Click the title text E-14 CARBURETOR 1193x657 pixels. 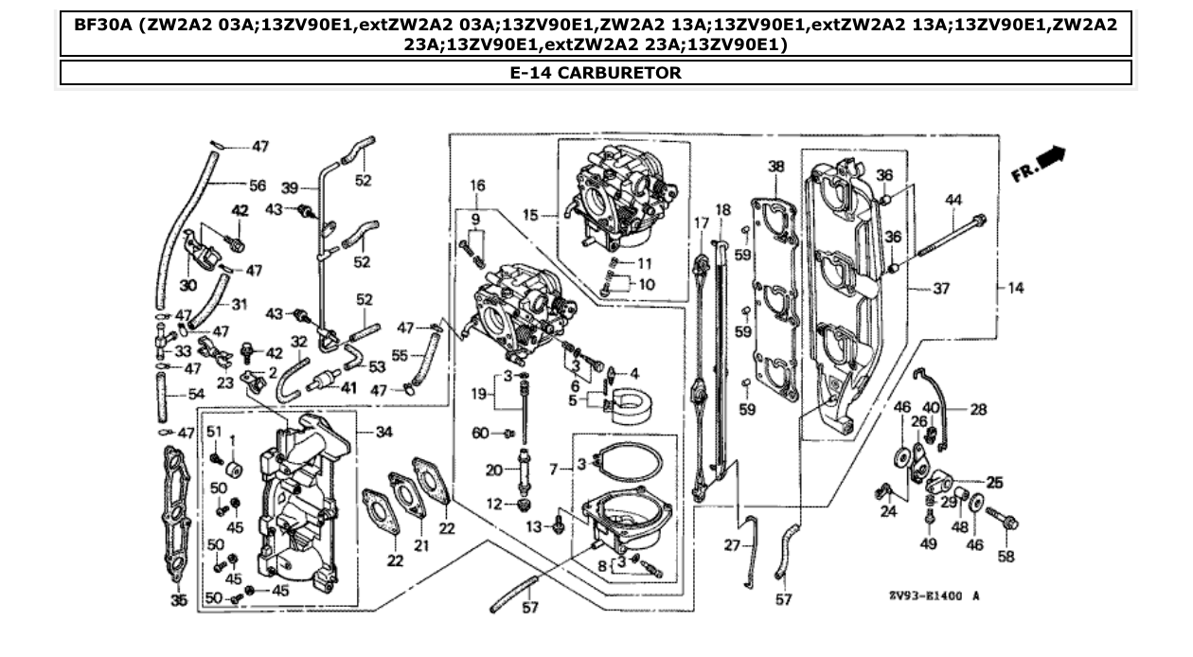[595, 73]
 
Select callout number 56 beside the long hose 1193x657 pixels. [257, 185]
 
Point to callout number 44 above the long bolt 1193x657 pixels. [953, 200]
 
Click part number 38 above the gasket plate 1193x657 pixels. [776, 167]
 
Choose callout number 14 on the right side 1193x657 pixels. [1016, 288]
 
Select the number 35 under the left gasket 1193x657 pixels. [179, 600]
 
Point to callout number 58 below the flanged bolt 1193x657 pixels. [1006, 557]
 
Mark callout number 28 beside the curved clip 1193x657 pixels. [978, 409]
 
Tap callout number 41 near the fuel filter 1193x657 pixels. [349, 387]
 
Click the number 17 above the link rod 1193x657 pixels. [701, 222]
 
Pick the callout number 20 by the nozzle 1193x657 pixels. [493, 469]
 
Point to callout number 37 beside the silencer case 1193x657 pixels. [940, 289]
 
